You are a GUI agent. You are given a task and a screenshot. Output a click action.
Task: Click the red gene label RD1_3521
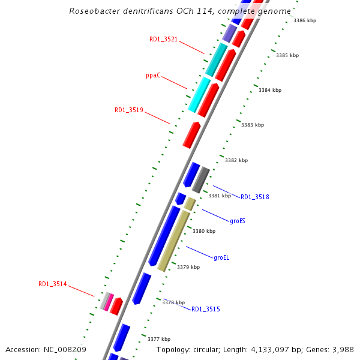click(x=163, y=40)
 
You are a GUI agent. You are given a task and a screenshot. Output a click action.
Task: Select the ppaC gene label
click(x=153, y=76)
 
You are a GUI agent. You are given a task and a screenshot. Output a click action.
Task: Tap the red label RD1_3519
click(x=128, y=110)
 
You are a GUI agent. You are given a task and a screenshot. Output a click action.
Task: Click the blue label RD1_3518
click(x=254, y=197)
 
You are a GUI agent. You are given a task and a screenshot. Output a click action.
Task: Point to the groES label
click(x=237, y=221)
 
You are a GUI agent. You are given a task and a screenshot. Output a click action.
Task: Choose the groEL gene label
click(x=221, y=258)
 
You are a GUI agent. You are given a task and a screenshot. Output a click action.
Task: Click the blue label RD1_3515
click(x=205, y=310)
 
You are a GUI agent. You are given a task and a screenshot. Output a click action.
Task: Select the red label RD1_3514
click(x=53, y=284)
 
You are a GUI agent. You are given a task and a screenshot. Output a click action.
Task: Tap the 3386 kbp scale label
click(x=304, y=21)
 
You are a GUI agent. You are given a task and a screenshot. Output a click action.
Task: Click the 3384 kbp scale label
click(x=269, y=91)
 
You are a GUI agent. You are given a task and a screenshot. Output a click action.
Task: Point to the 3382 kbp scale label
click(x=236, y=161)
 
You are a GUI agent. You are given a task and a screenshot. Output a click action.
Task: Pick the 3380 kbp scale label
click(x=203, y=231)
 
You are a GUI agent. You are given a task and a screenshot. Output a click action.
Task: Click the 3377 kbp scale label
click(x=159, y=339)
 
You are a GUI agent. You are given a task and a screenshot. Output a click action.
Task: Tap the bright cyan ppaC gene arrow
click(x=199, y=95)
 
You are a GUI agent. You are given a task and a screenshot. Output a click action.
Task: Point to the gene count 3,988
click(x=342, y=349)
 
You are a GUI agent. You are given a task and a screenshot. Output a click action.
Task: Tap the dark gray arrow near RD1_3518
click(x=200, y=179)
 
